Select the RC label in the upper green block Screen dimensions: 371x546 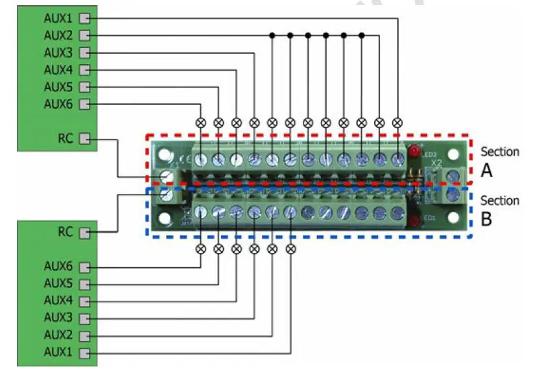click(66, 139)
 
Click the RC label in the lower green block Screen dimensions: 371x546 click(66, 232)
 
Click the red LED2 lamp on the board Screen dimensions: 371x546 click(413, 152)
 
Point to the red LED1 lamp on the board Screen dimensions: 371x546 click(413, 222)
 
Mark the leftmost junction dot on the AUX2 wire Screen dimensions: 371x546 click(272, 35)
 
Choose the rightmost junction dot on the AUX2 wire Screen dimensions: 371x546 click(362, 35)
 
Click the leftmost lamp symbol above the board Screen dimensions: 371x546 click(200, 122)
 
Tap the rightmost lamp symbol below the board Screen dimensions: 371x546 click(290, 248)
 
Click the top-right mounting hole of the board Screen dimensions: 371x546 click(453, 156)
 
